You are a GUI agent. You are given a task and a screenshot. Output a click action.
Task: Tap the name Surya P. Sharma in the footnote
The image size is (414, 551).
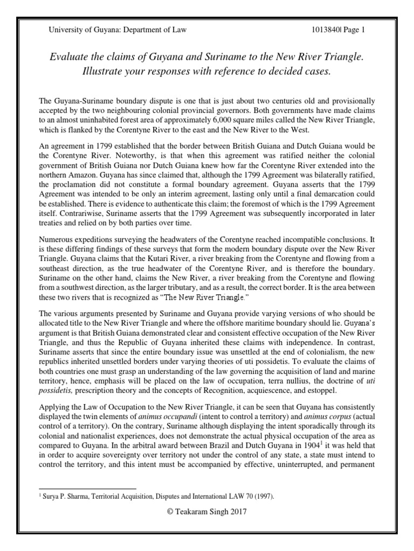tap(68, 493)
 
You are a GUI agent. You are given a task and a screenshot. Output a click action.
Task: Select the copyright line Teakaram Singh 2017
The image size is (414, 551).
tap(207, 512)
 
